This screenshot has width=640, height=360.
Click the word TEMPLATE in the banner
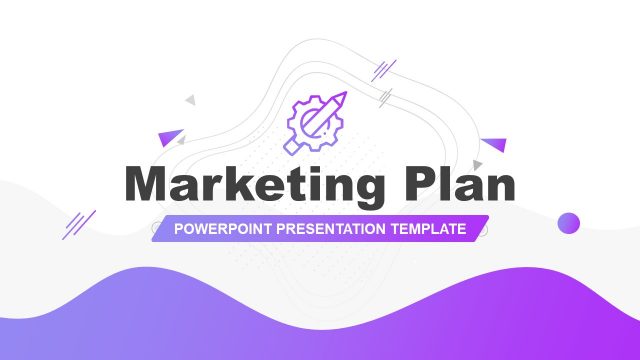tap(427, 229)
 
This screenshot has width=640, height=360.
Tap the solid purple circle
tap(569, 222)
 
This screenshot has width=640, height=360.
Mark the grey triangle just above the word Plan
tap(478, 165)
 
